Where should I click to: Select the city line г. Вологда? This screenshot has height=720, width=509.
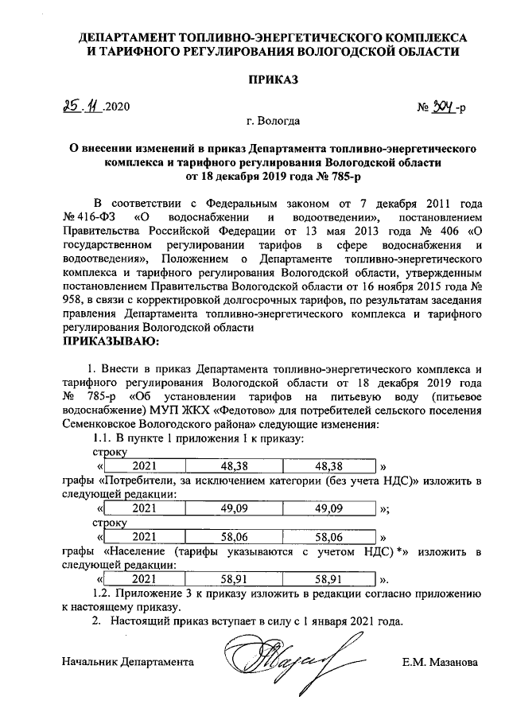274,123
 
